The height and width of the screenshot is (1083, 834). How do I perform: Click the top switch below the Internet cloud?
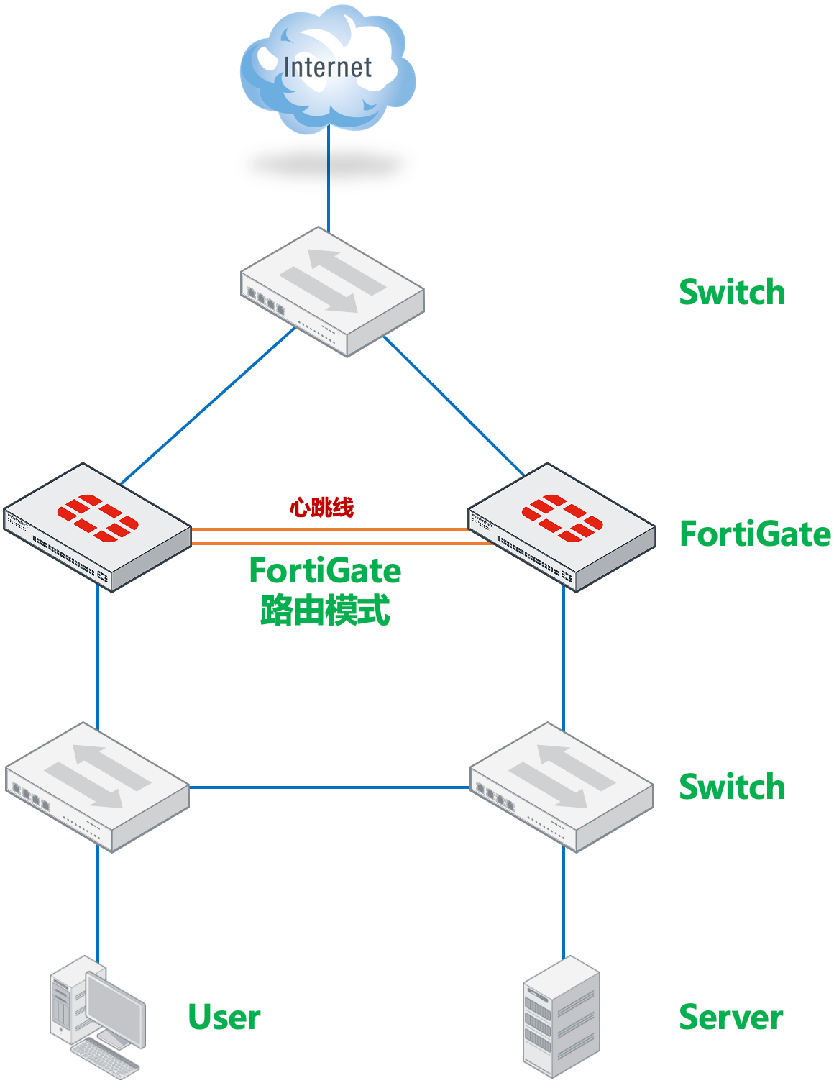[x=332, y=292]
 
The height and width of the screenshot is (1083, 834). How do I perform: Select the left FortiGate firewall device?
[x=98, y=527]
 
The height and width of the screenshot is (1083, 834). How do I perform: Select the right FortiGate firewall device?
[x=562, y=527]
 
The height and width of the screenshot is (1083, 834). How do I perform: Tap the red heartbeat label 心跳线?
[x=321, y=508]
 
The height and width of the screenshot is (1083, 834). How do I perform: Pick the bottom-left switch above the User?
[x=98, y=787]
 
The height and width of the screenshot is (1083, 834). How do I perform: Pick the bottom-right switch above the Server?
[x=562, y=787]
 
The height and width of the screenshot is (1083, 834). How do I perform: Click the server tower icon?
[x=561, y=1017]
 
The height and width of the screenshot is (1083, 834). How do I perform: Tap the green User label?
[x=224, y=1018]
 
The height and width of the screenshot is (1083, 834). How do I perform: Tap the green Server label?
[x=730, y=1018]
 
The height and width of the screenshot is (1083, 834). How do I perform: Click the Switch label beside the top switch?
[x=732, y=293]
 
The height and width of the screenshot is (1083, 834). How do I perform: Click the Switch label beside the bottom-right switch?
[x=732, y=787]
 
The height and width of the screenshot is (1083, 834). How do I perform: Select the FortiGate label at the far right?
[x=755, y=534]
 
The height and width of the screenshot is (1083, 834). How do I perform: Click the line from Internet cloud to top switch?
[x=329, y=180]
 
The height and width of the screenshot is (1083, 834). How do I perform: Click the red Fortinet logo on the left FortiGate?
[x=98, y=517]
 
